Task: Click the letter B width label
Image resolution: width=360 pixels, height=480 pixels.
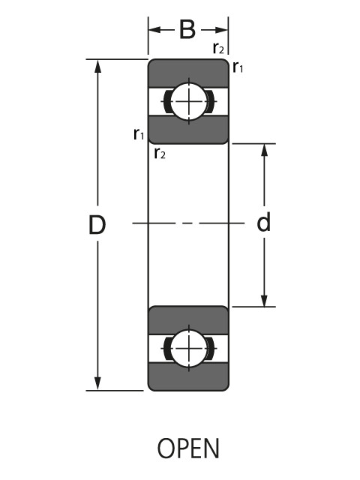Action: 187,30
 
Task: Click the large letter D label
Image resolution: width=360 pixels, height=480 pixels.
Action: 97,225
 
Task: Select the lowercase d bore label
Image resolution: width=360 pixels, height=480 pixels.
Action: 263,223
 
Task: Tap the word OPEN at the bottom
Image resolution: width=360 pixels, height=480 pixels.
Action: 188,448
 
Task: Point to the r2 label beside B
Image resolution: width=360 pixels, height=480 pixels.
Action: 218,49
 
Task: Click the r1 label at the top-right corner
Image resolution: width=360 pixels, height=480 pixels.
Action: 238,67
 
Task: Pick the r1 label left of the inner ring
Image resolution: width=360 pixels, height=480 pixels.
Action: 138,133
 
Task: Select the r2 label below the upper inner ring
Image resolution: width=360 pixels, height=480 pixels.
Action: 159,154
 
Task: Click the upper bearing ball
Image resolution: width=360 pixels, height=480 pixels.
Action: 187,100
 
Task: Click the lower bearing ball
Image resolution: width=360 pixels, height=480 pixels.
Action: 187,348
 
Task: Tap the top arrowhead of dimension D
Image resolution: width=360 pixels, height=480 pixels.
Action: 97,66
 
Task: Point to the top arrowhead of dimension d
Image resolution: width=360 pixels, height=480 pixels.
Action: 264,151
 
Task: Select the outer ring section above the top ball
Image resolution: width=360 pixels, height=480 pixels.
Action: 187,71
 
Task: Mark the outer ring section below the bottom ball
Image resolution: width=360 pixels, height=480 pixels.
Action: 187,378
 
